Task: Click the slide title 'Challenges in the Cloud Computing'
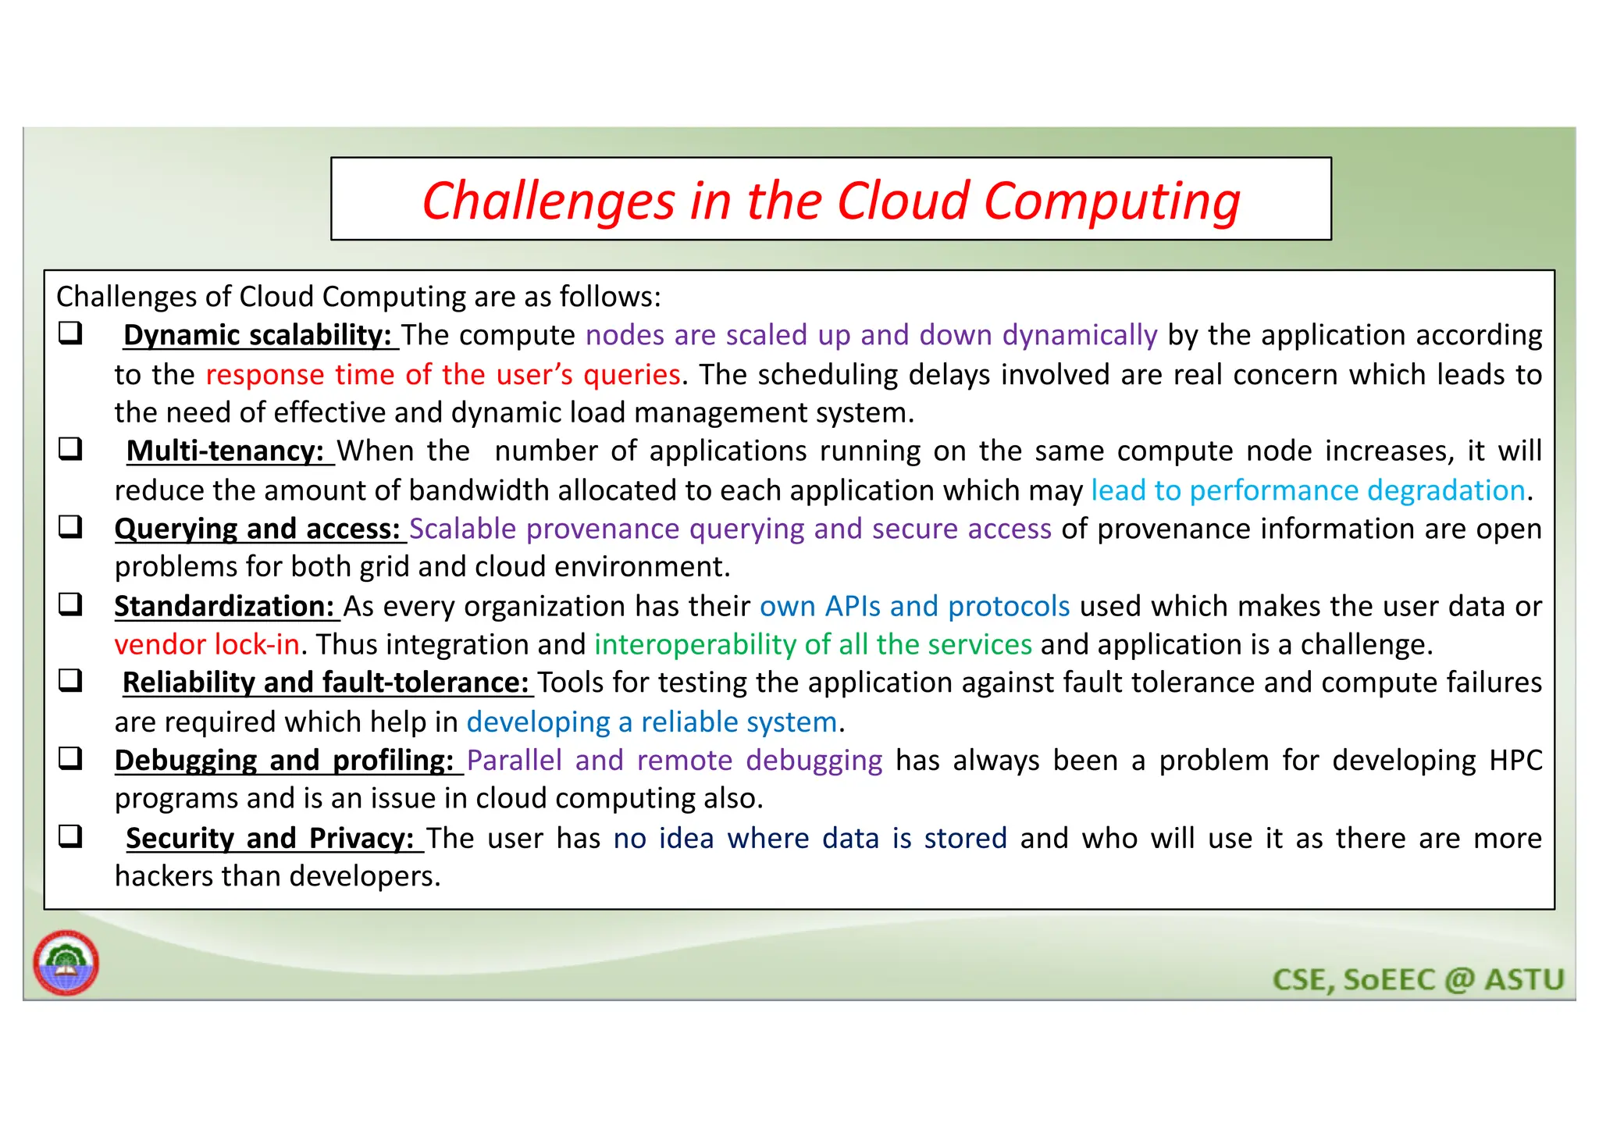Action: click(831, 201)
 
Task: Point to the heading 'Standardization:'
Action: click(225, 606)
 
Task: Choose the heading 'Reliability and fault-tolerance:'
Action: click(326, 683)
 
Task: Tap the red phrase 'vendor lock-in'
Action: click(207, 644)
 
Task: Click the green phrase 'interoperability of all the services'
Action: click(813, 644)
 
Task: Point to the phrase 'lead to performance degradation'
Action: click(1308, 490)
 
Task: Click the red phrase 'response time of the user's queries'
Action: click(443, 375)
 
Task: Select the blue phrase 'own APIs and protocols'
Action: click(914, 606)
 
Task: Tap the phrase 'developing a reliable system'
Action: click(652, 722)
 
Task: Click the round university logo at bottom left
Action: click(66, 962)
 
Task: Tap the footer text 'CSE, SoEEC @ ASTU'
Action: click(1418, 979)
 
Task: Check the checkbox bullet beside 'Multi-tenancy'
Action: click(71, 449)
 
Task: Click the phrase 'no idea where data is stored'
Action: click(810, 838)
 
